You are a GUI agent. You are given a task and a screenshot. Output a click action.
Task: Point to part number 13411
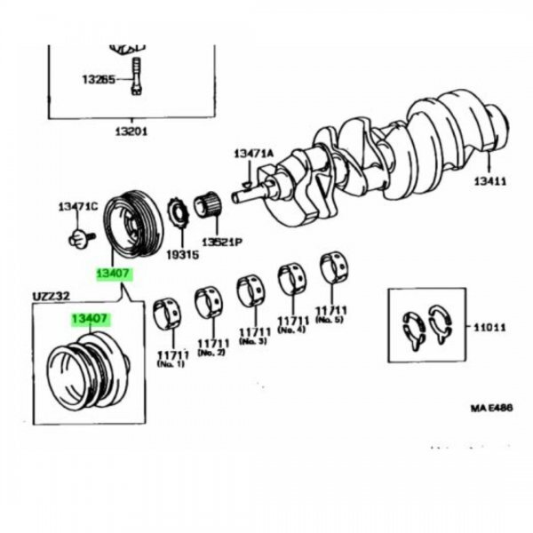[x=489, y=181]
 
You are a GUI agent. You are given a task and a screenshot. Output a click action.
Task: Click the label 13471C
[x=77, y=207]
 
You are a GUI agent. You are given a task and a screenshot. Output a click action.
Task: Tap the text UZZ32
[x=50, y=296]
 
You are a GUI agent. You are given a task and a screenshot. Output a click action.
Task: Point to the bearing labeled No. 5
[x=334, y=266]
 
